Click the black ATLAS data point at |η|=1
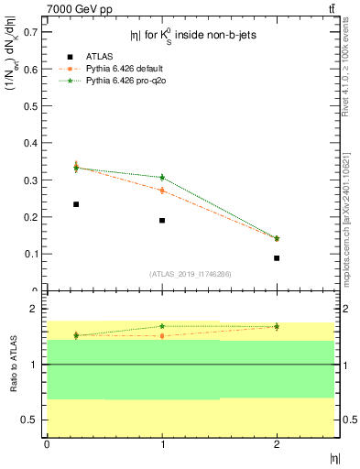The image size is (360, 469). coord(162,221)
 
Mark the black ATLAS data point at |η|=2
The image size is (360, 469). coord(277,258)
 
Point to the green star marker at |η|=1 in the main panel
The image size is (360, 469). coord(162,177)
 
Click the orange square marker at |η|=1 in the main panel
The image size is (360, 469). coord(162,191)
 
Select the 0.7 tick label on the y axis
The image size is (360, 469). coord(32,31)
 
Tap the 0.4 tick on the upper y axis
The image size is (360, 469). coord(32,142)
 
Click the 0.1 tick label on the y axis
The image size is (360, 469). coord(32,254)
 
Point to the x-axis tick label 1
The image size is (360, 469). coord(162,444)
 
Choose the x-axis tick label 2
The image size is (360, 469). coord(277,444)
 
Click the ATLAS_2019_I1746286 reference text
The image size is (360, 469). coord(190,274)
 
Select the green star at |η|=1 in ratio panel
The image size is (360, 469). coord(162,326)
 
